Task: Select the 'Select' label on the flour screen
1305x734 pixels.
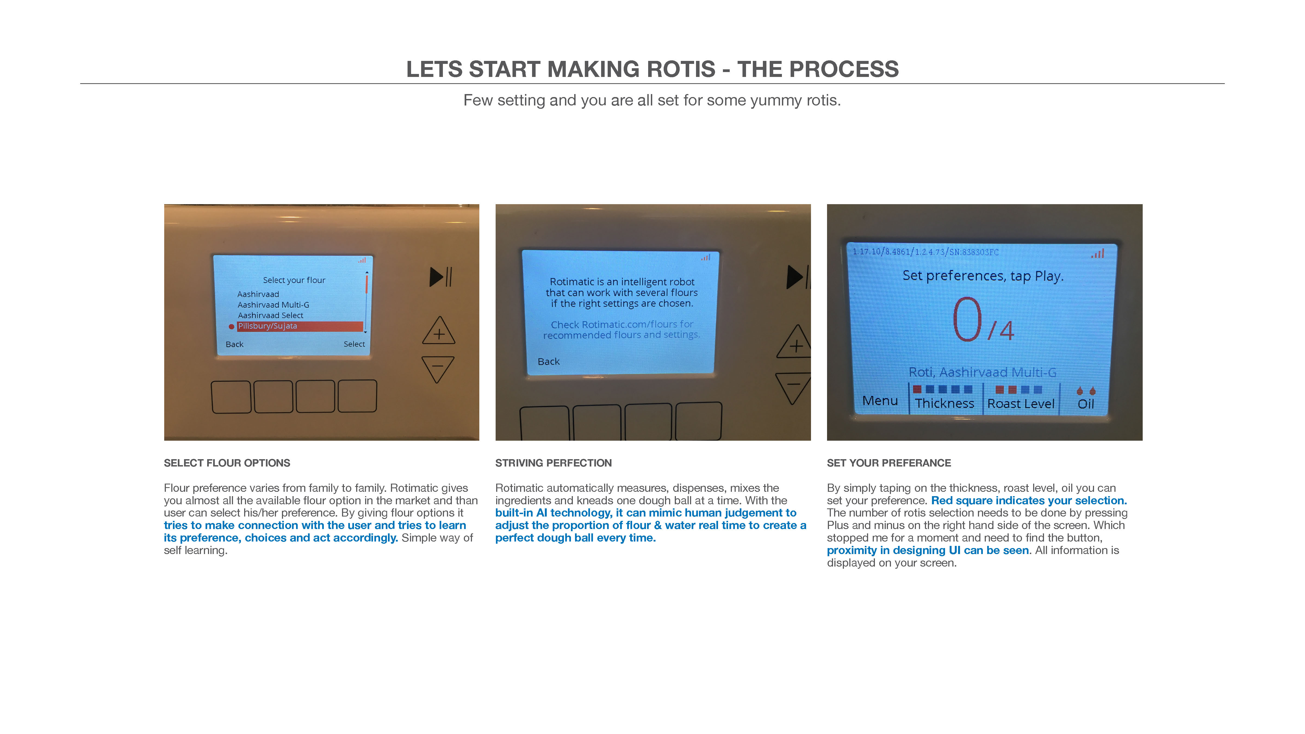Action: (x=354, y=344)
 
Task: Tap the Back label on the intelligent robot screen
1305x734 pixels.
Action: (x=549, y=362)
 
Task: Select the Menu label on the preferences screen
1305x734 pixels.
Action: (x=880, y=401)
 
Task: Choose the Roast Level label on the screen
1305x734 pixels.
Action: (x=1021, y=404)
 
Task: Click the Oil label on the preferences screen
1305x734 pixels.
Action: (x=1086, y=404)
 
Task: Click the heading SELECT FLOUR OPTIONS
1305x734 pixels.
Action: (x=227, y=463)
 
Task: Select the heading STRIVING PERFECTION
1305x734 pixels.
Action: (x=553, y=463)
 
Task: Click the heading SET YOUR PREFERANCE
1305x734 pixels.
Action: (x=888, y=463)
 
